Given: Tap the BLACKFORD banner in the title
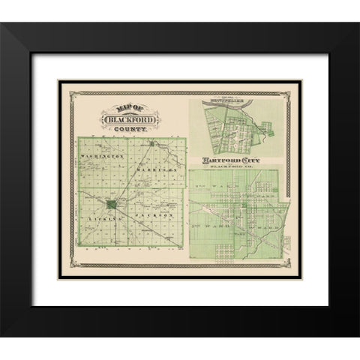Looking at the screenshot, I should pos(124,121).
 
